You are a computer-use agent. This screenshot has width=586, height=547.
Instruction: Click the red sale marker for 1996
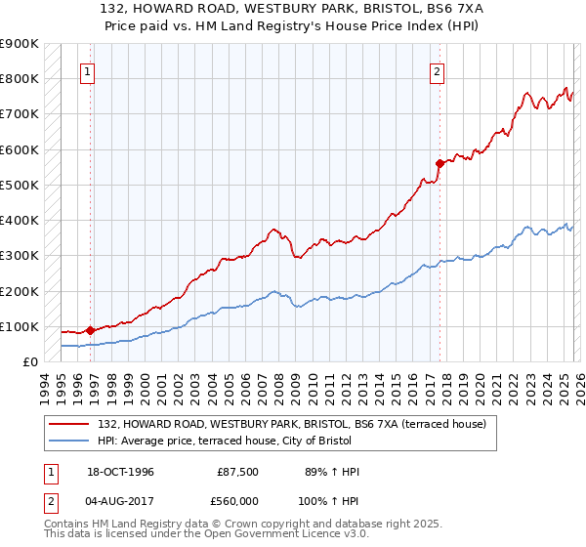tap(91, 330)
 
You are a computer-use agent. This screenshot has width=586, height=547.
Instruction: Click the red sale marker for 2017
tap(439, 164)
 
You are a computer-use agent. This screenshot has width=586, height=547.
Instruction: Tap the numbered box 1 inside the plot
tap(88, 71)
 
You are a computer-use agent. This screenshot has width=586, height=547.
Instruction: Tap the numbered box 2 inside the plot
tap(437, 71)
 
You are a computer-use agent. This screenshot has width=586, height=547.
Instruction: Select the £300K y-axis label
tap(20, 256)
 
